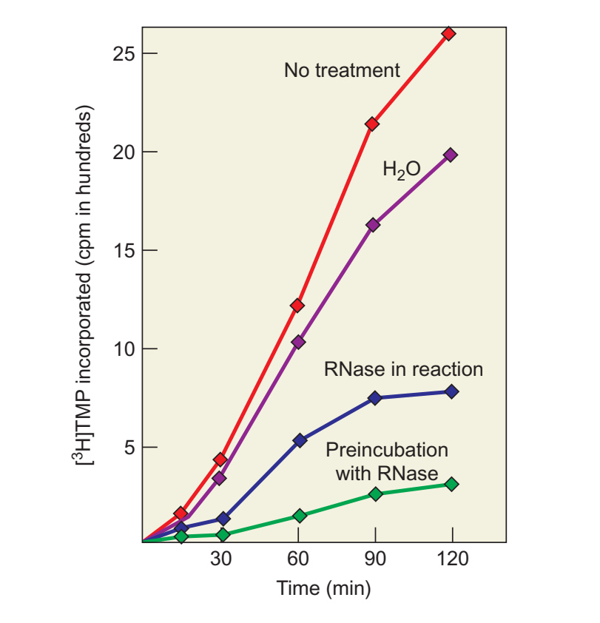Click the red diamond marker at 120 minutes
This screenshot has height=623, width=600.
coord(448,34)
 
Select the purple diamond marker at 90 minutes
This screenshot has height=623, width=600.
coord(373,225)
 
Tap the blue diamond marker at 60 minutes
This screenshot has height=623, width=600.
coord(300,440)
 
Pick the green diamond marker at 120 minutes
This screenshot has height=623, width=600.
coord(451,485)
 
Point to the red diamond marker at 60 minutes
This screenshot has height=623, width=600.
coord(297,306)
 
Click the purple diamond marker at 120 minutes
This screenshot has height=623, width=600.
coord(451,155)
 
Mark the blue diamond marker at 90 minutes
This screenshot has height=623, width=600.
coord(374,398)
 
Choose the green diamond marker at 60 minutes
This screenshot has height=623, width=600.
coord(300,516)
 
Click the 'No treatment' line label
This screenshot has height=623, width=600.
coord(342,70)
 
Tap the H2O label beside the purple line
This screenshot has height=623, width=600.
coord(401,169)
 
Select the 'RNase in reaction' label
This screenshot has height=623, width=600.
coord(403,369)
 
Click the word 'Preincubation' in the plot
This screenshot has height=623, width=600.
coord(387,450)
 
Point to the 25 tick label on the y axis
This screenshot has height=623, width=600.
coord(124,53)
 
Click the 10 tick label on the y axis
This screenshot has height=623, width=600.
coord(124,348)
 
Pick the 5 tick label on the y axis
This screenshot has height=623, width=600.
coord(130,448)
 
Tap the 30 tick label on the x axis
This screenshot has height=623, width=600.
coord(221,559)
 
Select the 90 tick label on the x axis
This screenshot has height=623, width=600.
coord(375,559)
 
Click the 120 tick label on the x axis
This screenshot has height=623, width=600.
coord(453,559)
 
